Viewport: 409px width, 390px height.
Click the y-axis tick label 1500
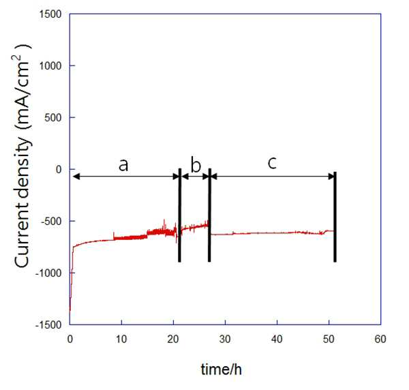(50, 14)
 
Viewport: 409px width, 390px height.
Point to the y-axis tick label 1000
(50, 65)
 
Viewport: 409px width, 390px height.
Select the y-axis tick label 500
(53, 118)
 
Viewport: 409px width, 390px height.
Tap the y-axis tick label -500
(51, 222)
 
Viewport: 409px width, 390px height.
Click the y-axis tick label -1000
(48, 273)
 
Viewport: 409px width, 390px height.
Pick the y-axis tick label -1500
(48, 325)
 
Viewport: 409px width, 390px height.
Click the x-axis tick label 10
(121, 339)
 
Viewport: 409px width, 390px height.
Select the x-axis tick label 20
(173, 339)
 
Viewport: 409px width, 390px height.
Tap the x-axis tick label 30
(225, 339)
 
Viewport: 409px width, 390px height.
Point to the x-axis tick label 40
(277, 339)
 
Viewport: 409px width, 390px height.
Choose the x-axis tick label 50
(329, 339)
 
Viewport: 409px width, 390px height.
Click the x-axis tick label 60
(380, 339)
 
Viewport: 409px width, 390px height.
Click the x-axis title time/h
(221, 370)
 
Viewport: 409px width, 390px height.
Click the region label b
(196, 164)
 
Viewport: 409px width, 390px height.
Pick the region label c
(272, 164)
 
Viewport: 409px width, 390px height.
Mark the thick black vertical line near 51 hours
(335, 217)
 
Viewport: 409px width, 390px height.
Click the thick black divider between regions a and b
(179, 215)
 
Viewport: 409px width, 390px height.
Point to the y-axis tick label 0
(59, 170)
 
